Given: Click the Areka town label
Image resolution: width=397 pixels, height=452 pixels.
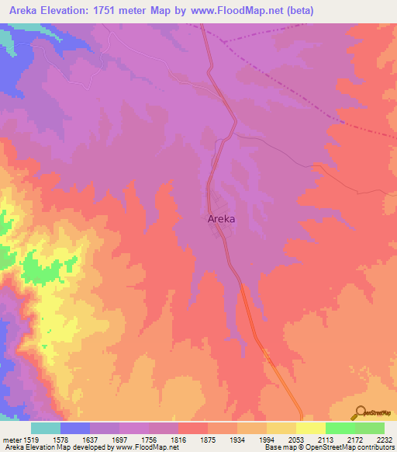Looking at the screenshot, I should (222, 219).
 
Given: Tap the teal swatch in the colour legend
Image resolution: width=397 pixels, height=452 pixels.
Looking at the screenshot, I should (45, 428).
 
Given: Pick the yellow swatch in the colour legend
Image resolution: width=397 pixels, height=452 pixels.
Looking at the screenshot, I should (310, 428).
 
